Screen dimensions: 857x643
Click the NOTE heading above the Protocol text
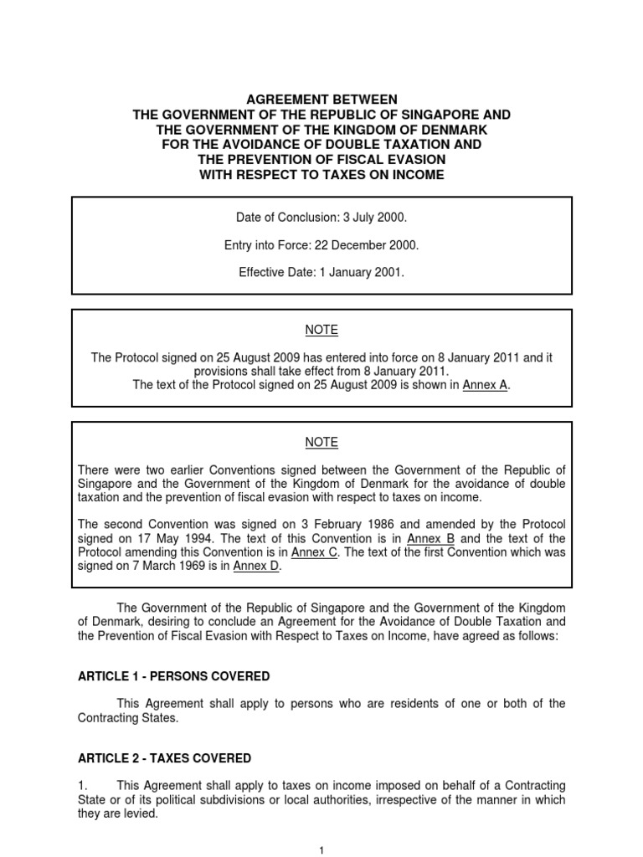321,331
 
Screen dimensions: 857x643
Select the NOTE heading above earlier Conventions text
321,443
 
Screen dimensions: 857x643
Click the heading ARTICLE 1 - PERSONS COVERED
174,675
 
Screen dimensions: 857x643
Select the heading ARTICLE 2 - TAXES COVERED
164,758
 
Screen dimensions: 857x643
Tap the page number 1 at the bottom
321,850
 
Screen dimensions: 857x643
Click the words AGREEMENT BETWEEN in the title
321,100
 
